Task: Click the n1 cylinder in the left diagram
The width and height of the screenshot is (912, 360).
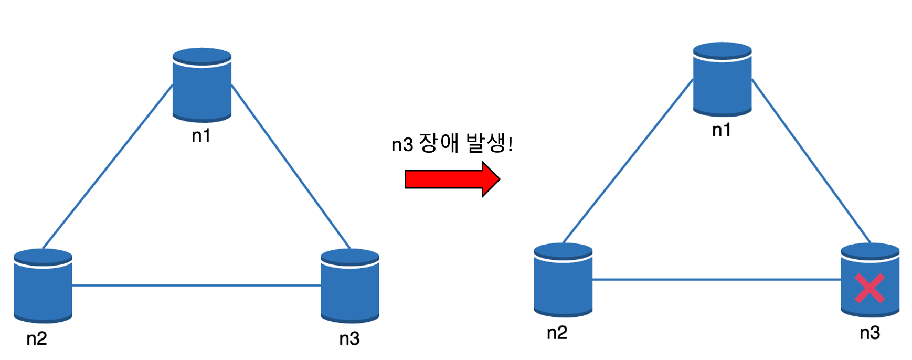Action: click(202, 85)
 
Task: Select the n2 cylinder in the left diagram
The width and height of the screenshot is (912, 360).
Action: click(43, 285)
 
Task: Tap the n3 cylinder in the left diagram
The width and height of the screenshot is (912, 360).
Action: click(349, 285)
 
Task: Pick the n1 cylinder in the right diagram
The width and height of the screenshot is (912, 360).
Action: click(722, 79)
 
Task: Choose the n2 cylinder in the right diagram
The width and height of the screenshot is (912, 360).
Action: click(563, 280)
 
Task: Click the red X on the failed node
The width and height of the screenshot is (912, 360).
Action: click(869, 288)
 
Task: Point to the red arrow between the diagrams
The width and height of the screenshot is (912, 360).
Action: click(452, 179)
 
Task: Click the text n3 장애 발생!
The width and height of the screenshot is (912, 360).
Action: click(452, 144)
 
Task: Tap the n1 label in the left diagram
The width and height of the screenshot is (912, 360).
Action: click(201, 136)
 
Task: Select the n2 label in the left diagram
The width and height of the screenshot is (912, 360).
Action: click(37, 338)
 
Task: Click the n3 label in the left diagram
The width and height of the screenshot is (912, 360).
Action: click(349, 338)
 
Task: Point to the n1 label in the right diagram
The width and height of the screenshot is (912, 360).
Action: click(722, 130)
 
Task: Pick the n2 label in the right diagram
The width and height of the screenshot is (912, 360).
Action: click(557, 333)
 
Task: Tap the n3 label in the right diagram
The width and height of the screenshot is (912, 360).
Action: click(869, 333)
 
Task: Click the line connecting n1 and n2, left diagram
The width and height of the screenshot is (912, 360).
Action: click(108, 167)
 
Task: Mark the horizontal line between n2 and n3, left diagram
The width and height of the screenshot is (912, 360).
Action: click(196, 285)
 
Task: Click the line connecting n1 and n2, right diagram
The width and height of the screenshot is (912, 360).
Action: click(628, 161)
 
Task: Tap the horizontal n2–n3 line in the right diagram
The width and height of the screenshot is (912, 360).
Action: click(717, 280)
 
